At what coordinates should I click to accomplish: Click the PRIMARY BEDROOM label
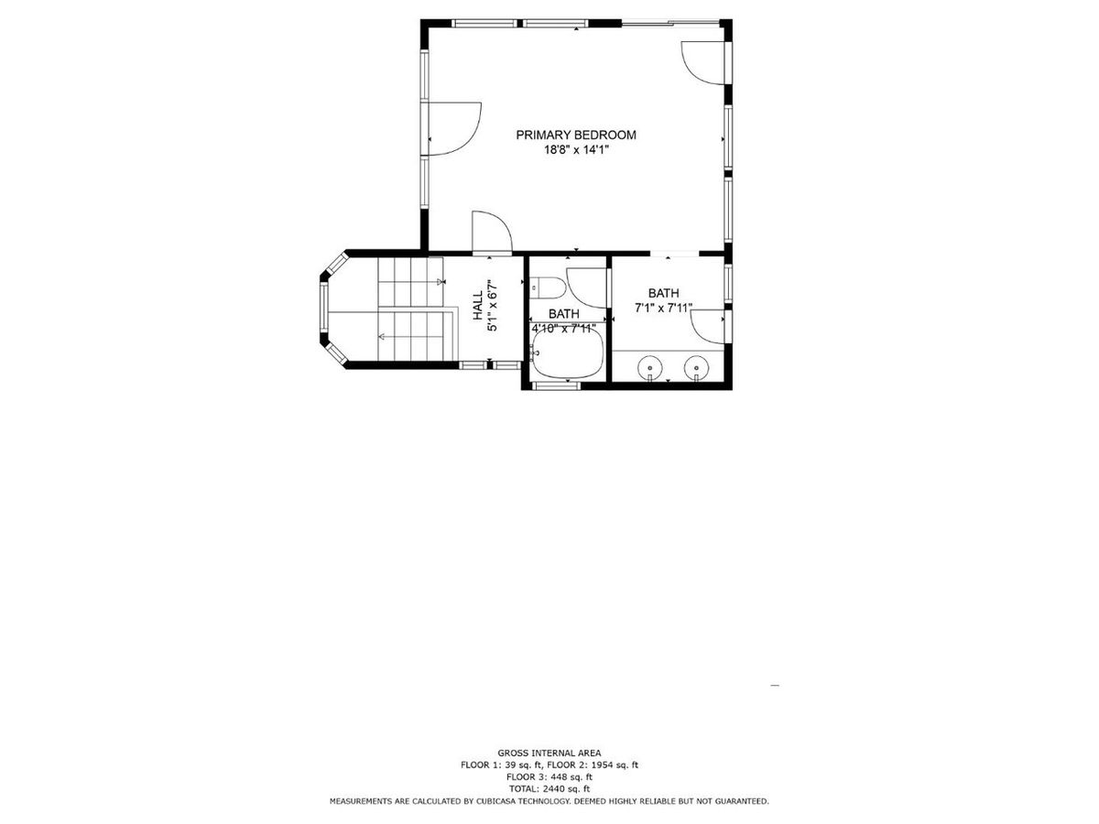point(575,135)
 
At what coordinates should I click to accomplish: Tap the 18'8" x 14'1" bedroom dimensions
point(575,151)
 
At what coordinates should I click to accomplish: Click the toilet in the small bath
point(548,287)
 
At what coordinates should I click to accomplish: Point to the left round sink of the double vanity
point(650,367)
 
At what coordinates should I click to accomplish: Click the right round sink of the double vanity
point(697,367)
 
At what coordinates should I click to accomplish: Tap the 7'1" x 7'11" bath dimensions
point(664,309)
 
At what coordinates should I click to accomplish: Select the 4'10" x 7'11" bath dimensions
point(564,327)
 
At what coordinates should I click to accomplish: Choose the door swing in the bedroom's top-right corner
point(702,62)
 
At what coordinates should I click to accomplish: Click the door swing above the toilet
point(587,284)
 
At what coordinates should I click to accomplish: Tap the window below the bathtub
point(556,386)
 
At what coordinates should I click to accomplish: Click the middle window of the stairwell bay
point(323,309)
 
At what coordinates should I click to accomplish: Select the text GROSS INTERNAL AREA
point(549,753)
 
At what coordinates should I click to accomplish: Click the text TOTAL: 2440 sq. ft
point(549,788)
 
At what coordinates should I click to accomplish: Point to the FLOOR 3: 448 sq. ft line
point(549,776)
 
